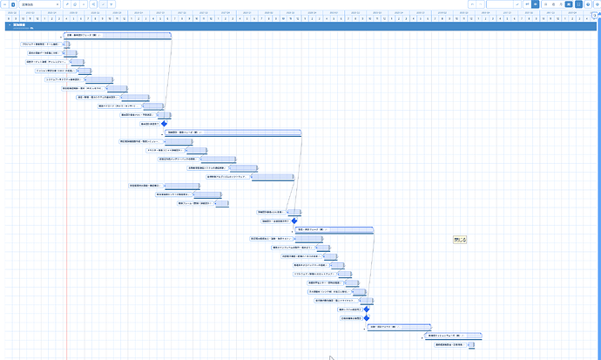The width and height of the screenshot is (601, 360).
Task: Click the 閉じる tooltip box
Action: [x=460, y=239]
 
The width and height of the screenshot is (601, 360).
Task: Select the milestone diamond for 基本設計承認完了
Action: [x=163, y=124]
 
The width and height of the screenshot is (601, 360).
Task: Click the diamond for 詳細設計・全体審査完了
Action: [x=294, y=221]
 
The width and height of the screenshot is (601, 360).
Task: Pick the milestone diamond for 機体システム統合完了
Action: [x=367, y=309]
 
